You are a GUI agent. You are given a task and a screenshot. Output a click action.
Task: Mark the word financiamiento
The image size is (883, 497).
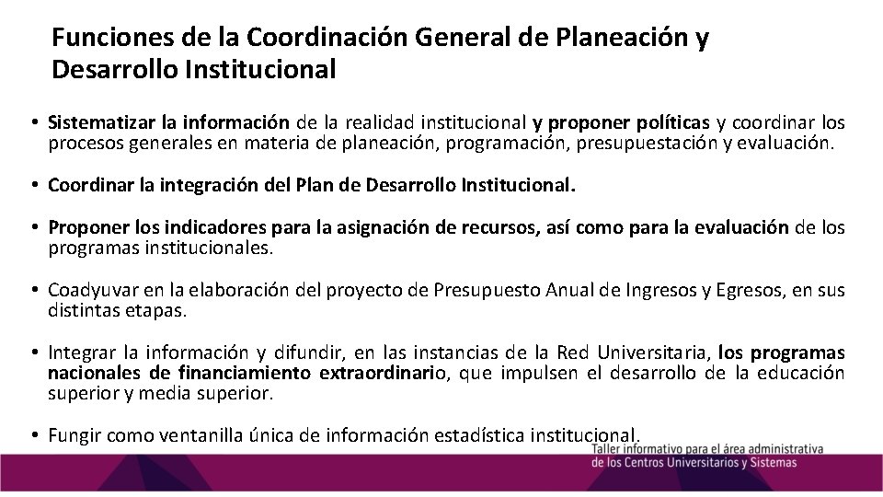click(x=243, y=374)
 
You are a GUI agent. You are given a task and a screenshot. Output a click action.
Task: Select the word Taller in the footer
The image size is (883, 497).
click(x=612, y=448)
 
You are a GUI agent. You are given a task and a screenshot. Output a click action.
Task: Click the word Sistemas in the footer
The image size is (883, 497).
click(x=772, y=463)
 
